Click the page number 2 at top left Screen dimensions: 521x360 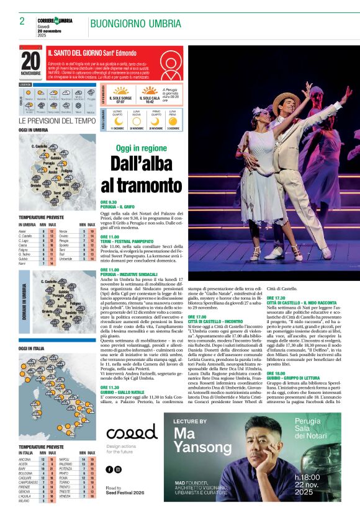[x=22, y=21]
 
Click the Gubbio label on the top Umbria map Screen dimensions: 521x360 [x=56, y=158]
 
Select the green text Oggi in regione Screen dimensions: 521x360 [x=142, y=149]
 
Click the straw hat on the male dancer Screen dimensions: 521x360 [x=286, y=99]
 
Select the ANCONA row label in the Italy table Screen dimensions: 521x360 [x=25, y=460]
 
